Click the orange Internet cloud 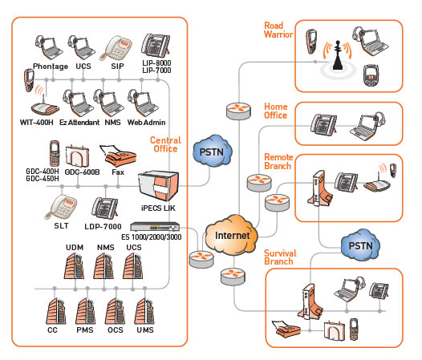[231, 235]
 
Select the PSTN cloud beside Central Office [213, 152]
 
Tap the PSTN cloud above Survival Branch [360, 245]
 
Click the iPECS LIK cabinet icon [158, 186]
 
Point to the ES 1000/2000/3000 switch [155, 226]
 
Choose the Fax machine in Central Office [118, 156]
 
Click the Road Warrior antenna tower [338, 55]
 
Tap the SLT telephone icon [61, 207]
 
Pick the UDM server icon [75, 266]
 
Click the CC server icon [55, 311]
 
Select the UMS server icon [144, 311]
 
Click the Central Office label [165, 144]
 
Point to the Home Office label [276, 111]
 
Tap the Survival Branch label [280, 257]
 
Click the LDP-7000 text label [103, 227]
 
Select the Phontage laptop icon [48, 47]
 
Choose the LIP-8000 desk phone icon [156, 46]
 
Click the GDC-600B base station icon [77, 156]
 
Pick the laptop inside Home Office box [367, 126]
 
